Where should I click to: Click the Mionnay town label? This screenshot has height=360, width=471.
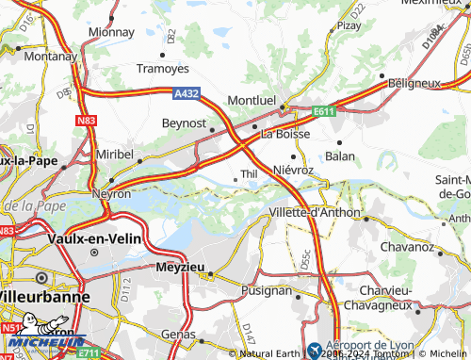click(x=110, y=31)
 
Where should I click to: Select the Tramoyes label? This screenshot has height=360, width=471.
click(x=163, y=69)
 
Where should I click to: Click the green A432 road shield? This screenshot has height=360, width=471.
click(x=187, y=92)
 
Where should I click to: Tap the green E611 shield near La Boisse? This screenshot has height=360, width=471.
click(x=324, y=111)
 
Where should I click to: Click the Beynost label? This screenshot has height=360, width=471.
click(x=183, y=123)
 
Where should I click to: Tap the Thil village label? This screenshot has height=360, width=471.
click(x=250, y=174)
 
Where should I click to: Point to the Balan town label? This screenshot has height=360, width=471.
click(x=340, y=155)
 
